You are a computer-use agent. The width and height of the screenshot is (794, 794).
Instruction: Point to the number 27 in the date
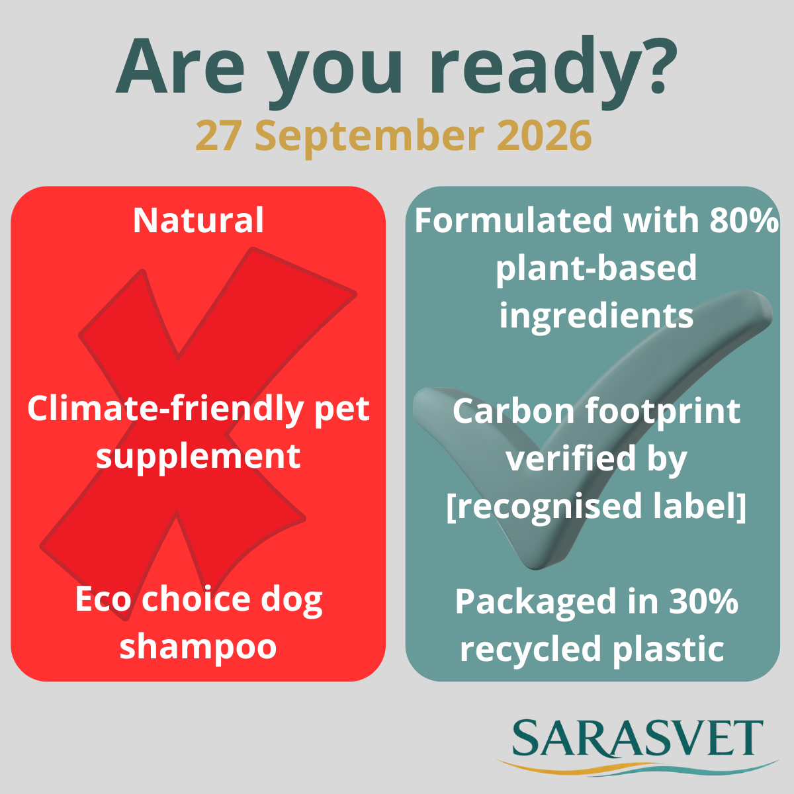pyautogui.click(x=218, y=135)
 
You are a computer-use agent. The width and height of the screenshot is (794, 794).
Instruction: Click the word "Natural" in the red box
pyautogui.click(x=198, y=220)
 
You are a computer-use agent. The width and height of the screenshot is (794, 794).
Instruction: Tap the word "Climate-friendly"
pyautogui.click(x=165, y=410)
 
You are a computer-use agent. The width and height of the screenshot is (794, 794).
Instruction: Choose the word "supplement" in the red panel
pyautogui.click(x=198, y=458)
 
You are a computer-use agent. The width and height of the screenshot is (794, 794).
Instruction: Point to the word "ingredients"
pyautogui.click(x=596, y=318)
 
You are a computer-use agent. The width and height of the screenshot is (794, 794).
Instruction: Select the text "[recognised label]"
pyautogui.click(x=596, y=507)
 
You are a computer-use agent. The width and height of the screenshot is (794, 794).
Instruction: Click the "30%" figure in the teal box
pyautogui.click(x=703, y=602)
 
